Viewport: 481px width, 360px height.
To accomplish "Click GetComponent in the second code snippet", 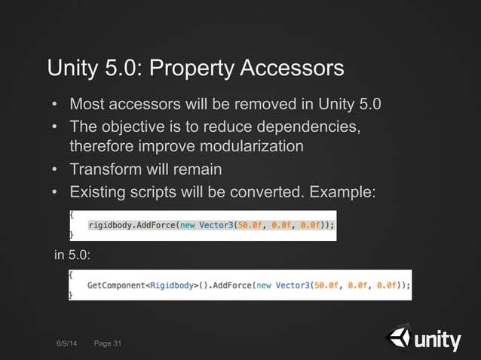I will coord(116,285).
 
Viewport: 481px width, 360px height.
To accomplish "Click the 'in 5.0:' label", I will coord(72,256).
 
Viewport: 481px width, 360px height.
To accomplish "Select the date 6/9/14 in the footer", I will coord(66,344).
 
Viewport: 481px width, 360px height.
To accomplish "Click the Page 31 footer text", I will coord(108,344).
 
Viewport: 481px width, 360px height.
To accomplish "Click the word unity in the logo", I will coord(437,341).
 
